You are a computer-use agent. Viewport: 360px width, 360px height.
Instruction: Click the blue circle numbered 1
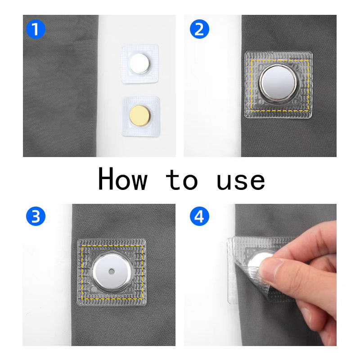pos(36,29)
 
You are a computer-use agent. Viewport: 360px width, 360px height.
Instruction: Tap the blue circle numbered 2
pos(199,29)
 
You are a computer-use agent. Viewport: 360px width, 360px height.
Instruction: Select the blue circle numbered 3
pos(36,216)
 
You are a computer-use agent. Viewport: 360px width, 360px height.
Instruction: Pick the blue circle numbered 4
pos(199,216)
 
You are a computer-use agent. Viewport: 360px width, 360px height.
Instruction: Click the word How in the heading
pos(122,179)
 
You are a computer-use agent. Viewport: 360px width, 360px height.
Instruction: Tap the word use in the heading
pos(241,181)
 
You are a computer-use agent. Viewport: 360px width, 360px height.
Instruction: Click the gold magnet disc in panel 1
pos(139,116)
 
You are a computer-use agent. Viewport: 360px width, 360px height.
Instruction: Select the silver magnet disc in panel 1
pos(139,63)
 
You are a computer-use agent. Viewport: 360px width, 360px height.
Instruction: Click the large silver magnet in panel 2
pos(278,83)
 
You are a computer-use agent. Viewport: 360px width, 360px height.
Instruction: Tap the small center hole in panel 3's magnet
pos(112,272)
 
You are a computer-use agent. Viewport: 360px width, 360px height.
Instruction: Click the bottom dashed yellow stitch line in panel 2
pos(279,111)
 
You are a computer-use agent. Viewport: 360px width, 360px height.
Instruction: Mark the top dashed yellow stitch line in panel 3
pos(112,246)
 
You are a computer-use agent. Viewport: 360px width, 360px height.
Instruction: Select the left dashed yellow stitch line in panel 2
pos(251,85)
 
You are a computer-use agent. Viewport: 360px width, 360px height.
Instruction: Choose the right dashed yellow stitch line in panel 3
pos(142,272)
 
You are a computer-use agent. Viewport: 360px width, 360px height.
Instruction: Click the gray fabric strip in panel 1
pos(60,86)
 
